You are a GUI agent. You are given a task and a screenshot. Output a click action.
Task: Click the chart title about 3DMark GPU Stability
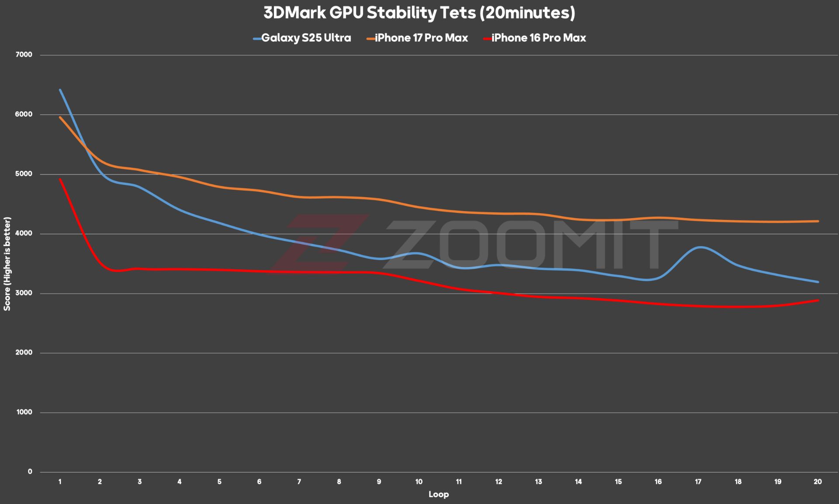(x=419, y=13)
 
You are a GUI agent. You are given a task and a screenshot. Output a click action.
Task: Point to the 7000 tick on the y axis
(x=24, y=55)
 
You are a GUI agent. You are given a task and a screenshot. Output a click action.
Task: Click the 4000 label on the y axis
(x=24, y=233)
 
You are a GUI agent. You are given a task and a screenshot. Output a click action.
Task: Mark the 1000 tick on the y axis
(x=24, y=412)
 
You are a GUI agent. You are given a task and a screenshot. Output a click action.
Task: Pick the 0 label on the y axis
(x=30, y=472)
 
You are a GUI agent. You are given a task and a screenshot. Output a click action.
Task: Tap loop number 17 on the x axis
(x=698, y=482)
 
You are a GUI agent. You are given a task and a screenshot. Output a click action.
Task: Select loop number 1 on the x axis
(x=60, y=482)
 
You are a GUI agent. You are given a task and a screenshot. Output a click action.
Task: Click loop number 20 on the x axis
(x=818, y=482)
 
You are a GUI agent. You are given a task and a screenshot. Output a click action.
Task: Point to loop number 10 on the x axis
(x=419, y=482)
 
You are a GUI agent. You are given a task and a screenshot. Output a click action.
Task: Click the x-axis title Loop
(x=438, y=494)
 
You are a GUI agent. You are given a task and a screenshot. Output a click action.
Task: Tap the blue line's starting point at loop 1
(x=60, y=90)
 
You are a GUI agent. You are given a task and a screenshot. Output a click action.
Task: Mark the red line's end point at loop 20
(x=818, y=300)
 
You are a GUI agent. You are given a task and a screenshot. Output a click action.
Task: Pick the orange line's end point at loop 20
(x=818, y=221)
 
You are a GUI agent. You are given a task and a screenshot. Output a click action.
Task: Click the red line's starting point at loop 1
(x=60, y=179)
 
